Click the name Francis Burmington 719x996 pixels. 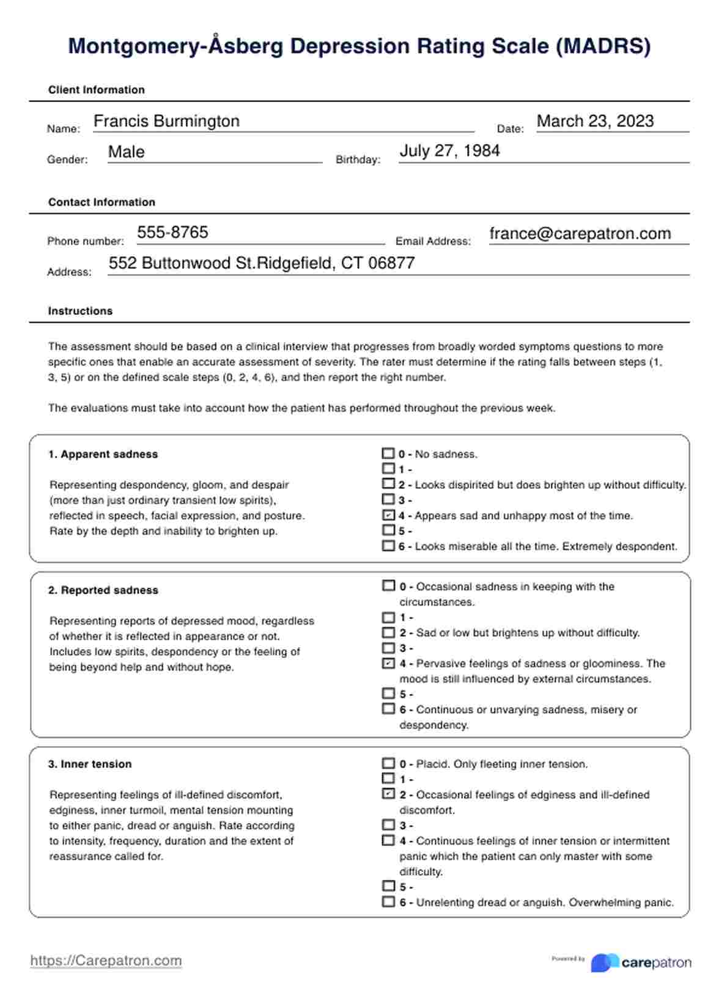point(166,121)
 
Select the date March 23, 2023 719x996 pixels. point(595,121)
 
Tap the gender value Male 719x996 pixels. point(127,152)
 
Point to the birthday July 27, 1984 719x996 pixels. point(449,150)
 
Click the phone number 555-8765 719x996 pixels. point(172,232)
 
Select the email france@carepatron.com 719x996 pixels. point(580,233)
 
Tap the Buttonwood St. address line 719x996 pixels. point(262,263)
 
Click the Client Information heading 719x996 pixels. point(97,90)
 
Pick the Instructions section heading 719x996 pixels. point(80,311)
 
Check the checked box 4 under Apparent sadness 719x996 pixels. point(388,515)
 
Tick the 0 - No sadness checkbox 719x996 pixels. point(388,453)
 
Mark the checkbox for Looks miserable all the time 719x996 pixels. point(388,546)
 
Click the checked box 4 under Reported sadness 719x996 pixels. point(388,663)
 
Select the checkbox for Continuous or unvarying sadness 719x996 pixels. point(388,709)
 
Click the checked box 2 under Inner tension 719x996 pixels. point(388,794)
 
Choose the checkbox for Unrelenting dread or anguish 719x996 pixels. point(388,901)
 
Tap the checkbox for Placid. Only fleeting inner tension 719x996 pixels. point(388,763)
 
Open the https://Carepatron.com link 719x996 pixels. point(106,961)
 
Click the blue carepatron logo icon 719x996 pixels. point(605,962)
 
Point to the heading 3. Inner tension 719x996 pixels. point(90,764)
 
